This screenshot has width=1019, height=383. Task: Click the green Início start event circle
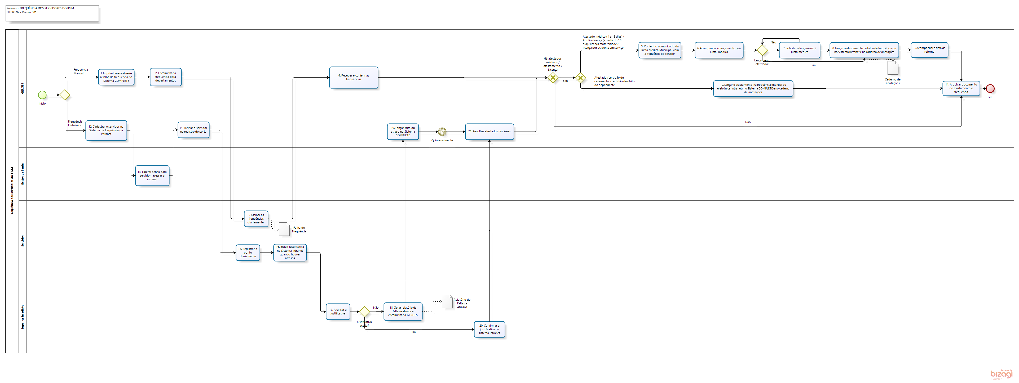coord(42,95)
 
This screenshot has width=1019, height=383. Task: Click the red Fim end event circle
coord(990,88)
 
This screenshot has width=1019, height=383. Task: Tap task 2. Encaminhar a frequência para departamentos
coord(165,77)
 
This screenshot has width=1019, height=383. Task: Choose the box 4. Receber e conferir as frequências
coord(354,78)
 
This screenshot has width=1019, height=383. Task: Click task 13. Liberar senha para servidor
coord(152,175)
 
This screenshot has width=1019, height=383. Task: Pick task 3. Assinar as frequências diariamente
coord(256,219)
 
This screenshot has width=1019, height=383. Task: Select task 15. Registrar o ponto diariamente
coord(248,253)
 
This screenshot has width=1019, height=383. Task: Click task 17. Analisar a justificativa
coord(338,312)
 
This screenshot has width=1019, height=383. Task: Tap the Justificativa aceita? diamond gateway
coord(364,312)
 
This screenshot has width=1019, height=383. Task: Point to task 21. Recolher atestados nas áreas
coord(489,132)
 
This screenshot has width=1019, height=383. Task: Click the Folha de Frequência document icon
coord(284,229)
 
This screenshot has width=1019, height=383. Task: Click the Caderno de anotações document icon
coord(893,68)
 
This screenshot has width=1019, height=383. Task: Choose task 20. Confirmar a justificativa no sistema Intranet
coord(489,329)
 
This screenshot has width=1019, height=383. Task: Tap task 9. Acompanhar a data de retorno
coord(929,50)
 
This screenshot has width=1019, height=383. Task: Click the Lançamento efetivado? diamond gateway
coord(762,50)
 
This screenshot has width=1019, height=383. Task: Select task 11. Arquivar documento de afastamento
coord(961,88)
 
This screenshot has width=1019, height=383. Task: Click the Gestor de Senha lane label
coord(23,174)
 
